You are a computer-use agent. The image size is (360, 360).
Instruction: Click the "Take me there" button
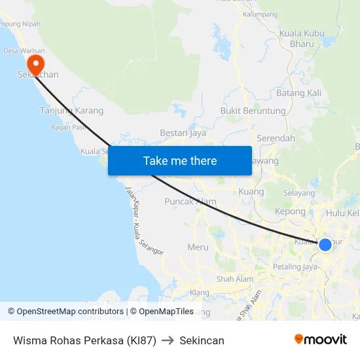(180, 160)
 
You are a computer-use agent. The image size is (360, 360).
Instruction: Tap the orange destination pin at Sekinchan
(35, 63)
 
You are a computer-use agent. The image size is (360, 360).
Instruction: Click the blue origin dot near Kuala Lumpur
(325, 245)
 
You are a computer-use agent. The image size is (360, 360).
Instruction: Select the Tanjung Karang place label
(72, 111)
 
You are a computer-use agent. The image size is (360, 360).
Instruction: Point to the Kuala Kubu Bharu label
(301, 39)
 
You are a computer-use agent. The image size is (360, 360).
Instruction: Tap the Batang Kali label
(299, 93)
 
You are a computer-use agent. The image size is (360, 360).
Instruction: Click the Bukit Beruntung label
(253, 111)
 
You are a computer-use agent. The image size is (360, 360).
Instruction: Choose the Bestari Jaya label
(183, 133)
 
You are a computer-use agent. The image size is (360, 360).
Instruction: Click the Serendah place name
(276, 139)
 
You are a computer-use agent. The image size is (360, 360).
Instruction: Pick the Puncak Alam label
(190, 202)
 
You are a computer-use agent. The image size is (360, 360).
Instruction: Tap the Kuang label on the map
(252, 192)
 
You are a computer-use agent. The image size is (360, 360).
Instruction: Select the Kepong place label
(291, 211)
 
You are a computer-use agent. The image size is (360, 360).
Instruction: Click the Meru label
(198, 247)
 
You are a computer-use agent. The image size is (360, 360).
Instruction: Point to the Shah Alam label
(235, 279)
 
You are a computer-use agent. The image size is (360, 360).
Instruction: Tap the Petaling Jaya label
(295, 266)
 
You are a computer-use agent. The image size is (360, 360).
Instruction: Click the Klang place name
(199, 292)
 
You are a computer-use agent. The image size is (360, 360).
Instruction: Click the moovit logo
(321, 339)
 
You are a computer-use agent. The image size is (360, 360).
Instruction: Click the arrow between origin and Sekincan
(168, 340)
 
